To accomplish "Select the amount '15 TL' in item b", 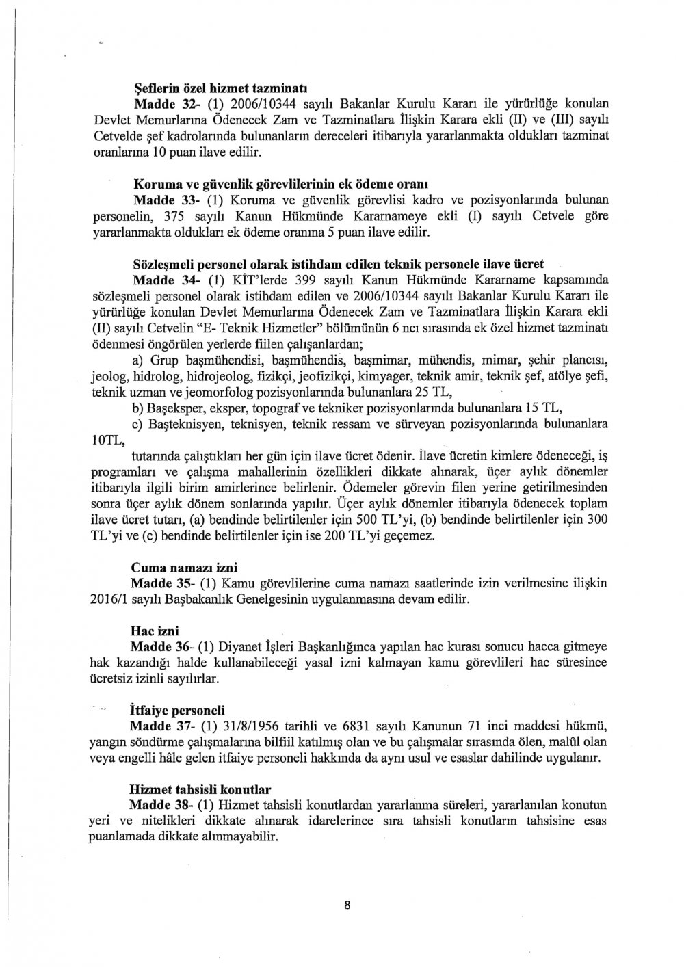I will pos(546,408).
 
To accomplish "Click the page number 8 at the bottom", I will pos(347,905).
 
